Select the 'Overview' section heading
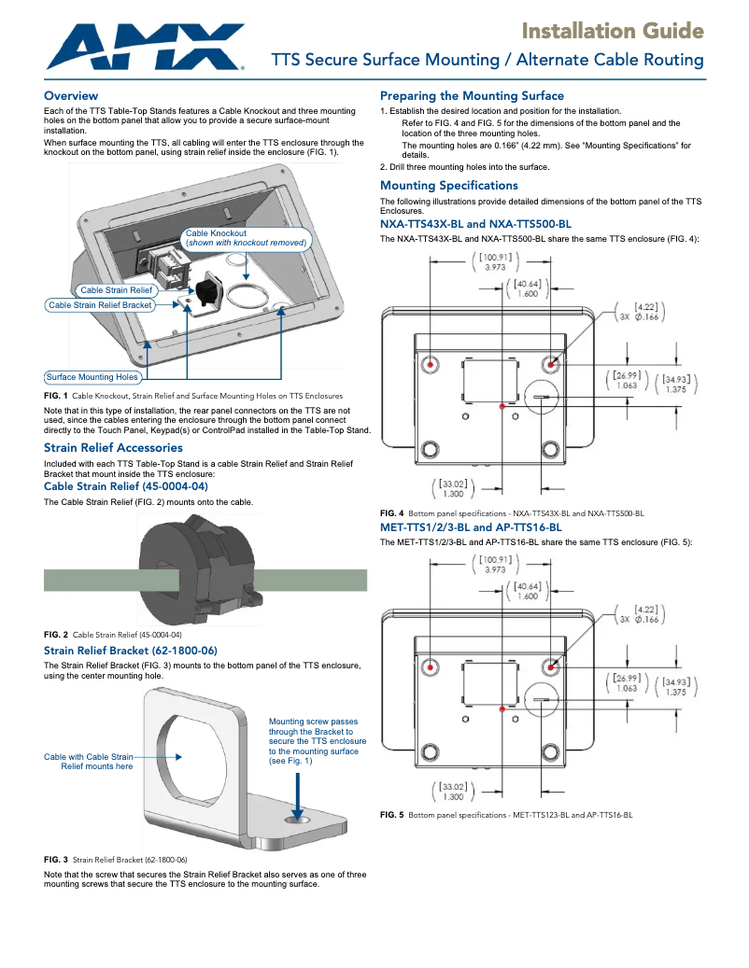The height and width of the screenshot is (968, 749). (71, 96)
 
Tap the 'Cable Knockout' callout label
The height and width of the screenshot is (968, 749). (246, 238)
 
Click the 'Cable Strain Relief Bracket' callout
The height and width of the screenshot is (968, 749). (100, 305)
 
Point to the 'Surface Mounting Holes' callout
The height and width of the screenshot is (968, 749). (92, 377)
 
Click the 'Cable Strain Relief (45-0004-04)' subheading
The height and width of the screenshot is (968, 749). (126, 486)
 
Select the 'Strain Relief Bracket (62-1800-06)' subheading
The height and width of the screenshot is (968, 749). (131, 650)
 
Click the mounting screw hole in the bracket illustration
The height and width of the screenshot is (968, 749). (299, 819)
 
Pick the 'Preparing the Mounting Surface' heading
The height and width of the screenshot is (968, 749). (472, 96)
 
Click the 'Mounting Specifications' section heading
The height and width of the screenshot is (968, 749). (448, 186)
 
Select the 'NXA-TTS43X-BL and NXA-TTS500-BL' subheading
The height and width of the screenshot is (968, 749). (475, 224)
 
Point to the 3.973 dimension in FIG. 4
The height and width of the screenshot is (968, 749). (495, 268)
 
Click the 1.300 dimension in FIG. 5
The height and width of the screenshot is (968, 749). (454, 796)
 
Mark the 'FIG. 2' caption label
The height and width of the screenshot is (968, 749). (56, 635)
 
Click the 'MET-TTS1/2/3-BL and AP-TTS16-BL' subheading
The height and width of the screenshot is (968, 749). (471, 527)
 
